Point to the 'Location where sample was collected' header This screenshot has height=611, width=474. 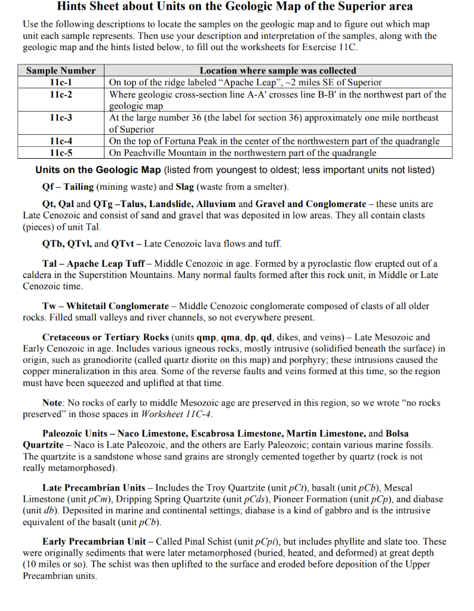(278, 71)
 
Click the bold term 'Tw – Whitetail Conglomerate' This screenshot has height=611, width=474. (106, 306)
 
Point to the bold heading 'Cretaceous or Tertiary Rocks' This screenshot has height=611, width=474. (106, 337)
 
